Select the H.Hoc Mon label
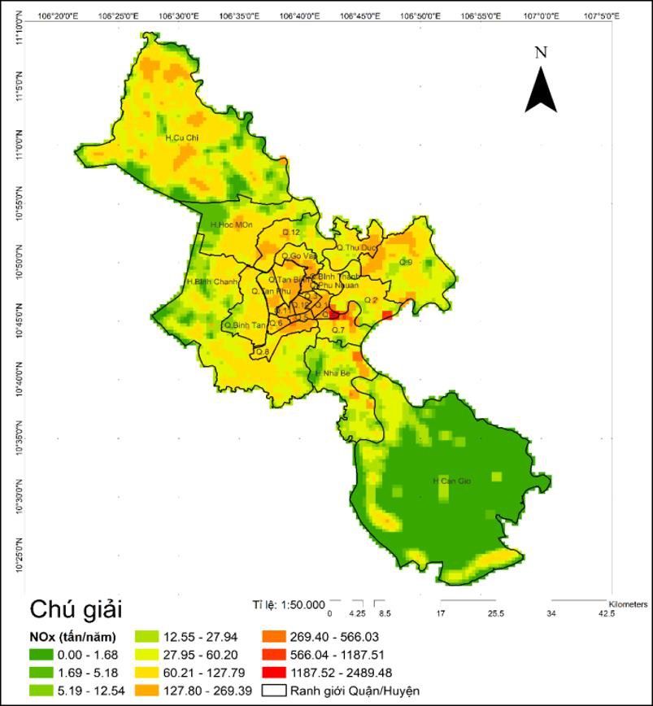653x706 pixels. (231, 224)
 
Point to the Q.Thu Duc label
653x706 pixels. (358, 247)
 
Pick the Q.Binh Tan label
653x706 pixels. (245, 325)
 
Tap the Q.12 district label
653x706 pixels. (291, 233)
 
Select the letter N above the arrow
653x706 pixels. (541, 52)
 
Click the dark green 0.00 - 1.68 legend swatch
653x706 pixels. (46, 655)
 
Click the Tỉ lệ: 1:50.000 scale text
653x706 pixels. (289, 604)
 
